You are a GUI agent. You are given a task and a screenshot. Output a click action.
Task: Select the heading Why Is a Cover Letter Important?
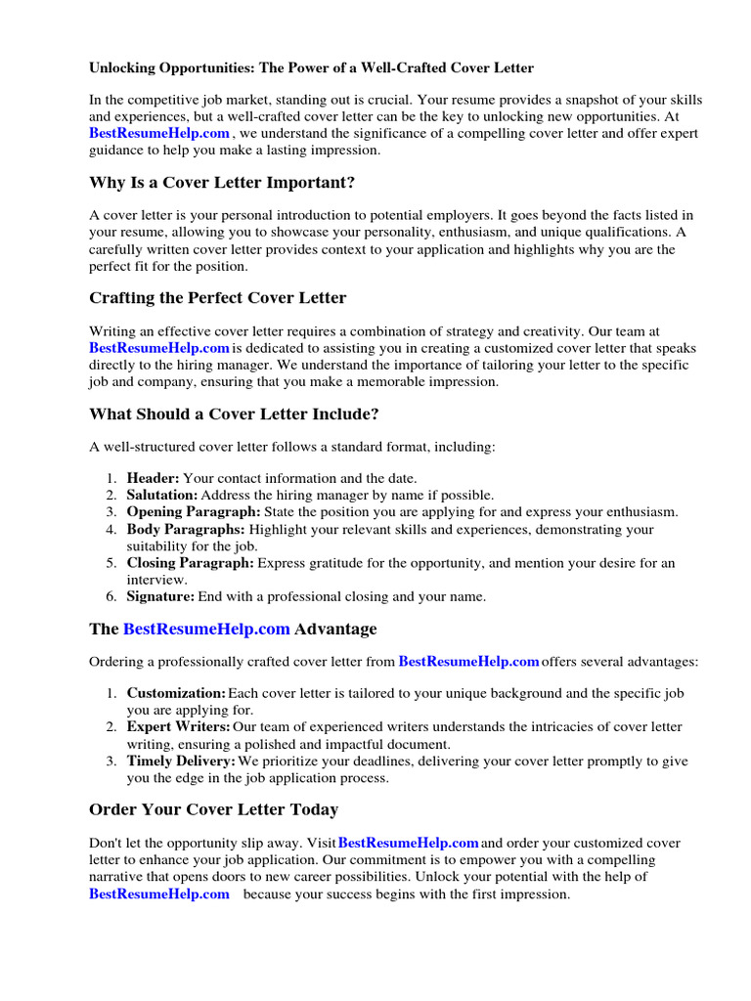[222, 183]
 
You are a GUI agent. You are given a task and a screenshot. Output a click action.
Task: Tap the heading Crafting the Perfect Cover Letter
[217, 297]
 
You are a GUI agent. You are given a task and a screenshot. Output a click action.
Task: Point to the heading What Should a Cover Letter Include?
[234, 413]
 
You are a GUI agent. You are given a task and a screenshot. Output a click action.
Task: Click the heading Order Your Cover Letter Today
[213, 809]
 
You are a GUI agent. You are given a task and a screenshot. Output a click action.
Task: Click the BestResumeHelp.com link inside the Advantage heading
[206, 629]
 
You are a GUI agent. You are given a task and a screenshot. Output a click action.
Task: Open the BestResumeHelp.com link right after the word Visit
[408, 843]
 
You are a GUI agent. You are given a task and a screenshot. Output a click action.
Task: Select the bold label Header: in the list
[153, 478]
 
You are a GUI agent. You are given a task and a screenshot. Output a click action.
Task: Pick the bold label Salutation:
[161, 495]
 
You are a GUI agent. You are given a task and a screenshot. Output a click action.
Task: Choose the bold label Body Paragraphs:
[186, 530]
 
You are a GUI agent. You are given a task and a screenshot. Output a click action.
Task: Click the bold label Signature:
[160, 596]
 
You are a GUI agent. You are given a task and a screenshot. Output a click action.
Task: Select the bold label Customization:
[176, 693]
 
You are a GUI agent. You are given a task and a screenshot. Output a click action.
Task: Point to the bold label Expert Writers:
[178, 727]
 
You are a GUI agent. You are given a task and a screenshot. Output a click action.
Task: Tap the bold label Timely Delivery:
[181, 761]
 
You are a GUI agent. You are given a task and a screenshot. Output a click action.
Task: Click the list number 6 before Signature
[110, 596]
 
